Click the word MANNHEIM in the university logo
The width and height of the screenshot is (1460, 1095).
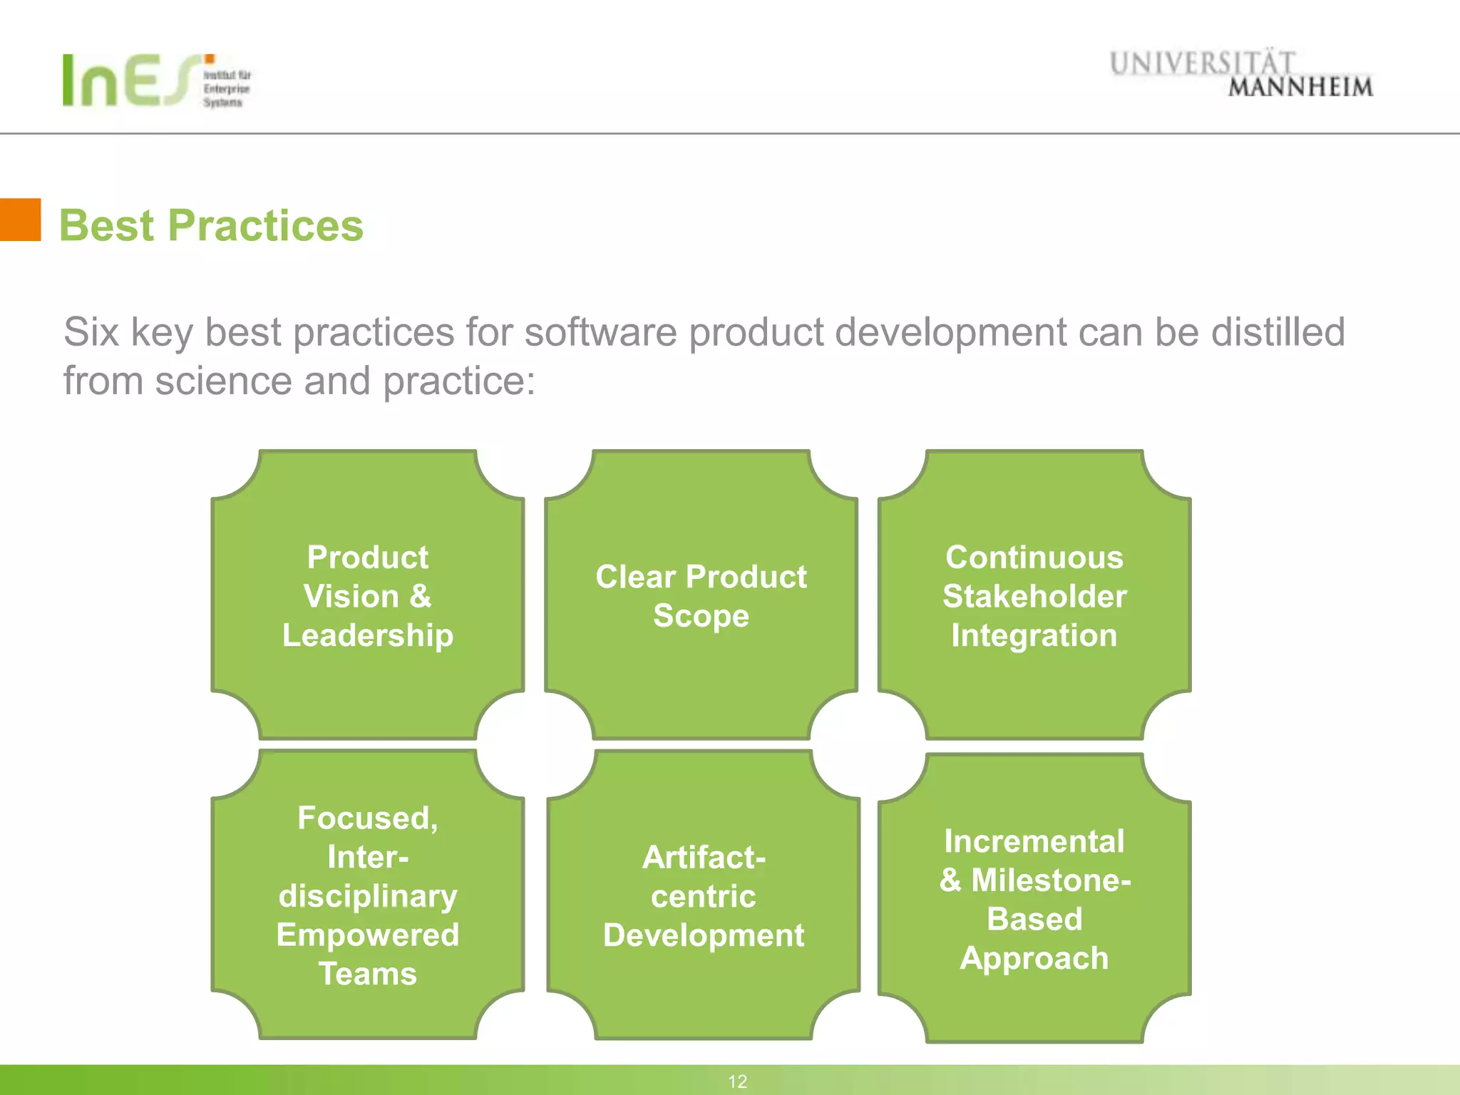click(x=1300, y=88)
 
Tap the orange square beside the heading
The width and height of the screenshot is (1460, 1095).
click(x=20, y=220)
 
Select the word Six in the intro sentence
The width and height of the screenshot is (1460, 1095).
click(x=91, y=332)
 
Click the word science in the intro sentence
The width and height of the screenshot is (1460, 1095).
click(x=223, y=381)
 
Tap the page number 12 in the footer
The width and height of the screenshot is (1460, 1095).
click(x=737, y=1081)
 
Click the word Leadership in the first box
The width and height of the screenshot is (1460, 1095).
click(x=368, y=635)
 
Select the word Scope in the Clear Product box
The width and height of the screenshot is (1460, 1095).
click(x=701, y=616)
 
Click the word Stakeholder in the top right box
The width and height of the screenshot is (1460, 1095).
click(x=1034, y=597)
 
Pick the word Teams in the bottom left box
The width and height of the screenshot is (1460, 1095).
click(x=368, y=974)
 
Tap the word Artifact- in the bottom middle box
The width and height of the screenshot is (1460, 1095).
click(x=704, y=858)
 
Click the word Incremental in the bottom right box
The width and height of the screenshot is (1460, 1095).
click(x=1034, y=842)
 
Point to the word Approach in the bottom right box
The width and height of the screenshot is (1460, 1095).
click(x=1034, y=959)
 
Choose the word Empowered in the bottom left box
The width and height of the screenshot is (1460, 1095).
click(x=368, y=935)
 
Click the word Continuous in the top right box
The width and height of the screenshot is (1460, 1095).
click(x=1034, y=557)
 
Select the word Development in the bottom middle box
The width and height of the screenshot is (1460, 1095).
click(x=704, y=935)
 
